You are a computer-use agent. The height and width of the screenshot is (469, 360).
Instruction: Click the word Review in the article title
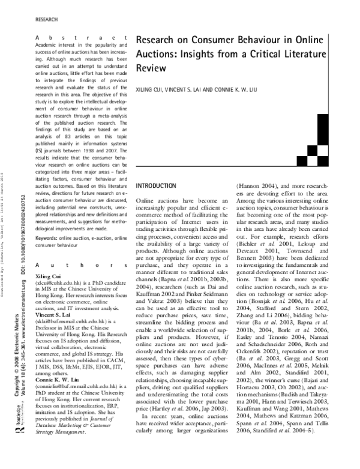tap(151, 68)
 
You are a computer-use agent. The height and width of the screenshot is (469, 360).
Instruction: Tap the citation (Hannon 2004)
tap(259, 186)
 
